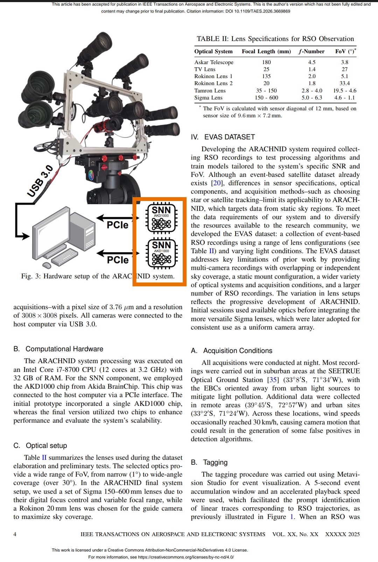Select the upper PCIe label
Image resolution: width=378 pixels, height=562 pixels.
click(x=118, y=225)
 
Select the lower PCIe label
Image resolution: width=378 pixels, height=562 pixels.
click(x=118, y=260)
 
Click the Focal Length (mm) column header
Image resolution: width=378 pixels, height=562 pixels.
click(x=266, y=51)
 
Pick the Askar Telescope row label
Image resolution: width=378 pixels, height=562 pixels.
click(x=214, y=62)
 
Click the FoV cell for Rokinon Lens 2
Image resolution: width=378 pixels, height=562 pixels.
click(x=344, y=83)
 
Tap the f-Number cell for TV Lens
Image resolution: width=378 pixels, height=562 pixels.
click(x=311, y=69)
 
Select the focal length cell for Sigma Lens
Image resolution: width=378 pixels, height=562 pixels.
click(x=266, y=98)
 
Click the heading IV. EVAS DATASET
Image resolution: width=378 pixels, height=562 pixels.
click(x=223, y=137)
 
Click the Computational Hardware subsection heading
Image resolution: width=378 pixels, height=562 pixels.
click(x=58, y=349)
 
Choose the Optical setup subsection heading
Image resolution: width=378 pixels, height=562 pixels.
click(x=40, y=446)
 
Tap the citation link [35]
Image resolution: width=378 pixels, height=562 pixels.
click(x=273, y=380)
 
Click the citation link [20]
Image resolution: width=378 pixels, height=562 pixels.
click(x=217, y=183)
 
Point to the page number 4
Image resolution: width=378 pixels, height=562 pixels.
click(x=15, y=534)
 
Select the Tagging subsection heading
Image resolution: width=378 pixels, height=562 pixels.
click(x=209, y=463)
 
